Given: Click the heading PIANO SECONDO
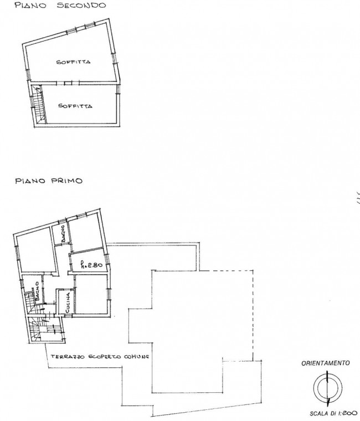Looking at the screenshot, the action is (60, 6).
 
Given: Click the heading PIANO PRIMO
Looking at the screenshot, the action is (49, 181).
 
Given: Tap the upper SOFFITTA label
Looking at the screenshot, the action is (73, 62).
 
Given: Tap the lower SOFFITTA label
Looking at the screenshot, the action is (75, 106).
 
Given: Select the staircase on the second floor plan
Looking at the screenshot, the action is (38, 104).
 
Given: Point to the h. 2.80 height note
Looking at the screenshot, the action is (91, 265).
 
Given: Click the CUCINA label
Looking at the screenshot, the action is (68, 302).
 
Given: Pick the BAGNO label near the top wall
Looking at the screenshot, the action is (63, 234).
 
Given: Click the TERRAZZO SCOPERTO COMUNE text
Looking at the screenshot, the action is (100, 357).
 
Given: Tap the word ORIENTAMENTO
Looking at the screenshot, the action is (326, 363).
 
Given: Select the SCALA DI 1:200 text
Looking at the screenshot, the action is (333, 413).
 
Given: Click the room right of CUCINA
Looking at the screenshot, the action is (91, 294).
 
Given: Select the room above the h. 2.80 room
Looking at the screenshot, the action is (85, 233).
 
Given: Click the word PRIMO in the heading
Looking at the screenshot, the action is (66, 181).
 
